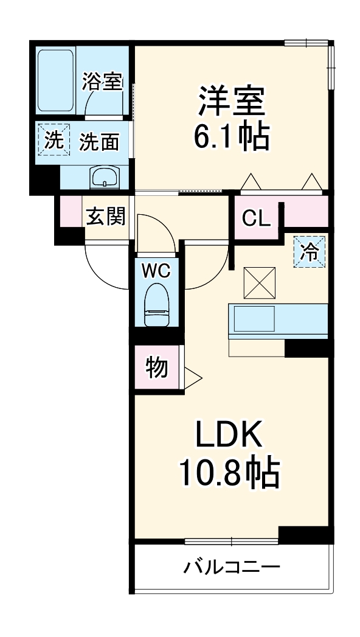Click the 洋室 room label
(231, 100)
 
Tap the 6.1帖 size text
(231, 137)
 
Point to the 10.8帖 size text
(229, 472)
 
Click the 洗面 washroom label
(99, 142)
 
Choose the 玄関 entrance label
(105, 217)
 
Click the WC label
(156, 271)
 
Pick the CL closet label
(256, 217)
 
